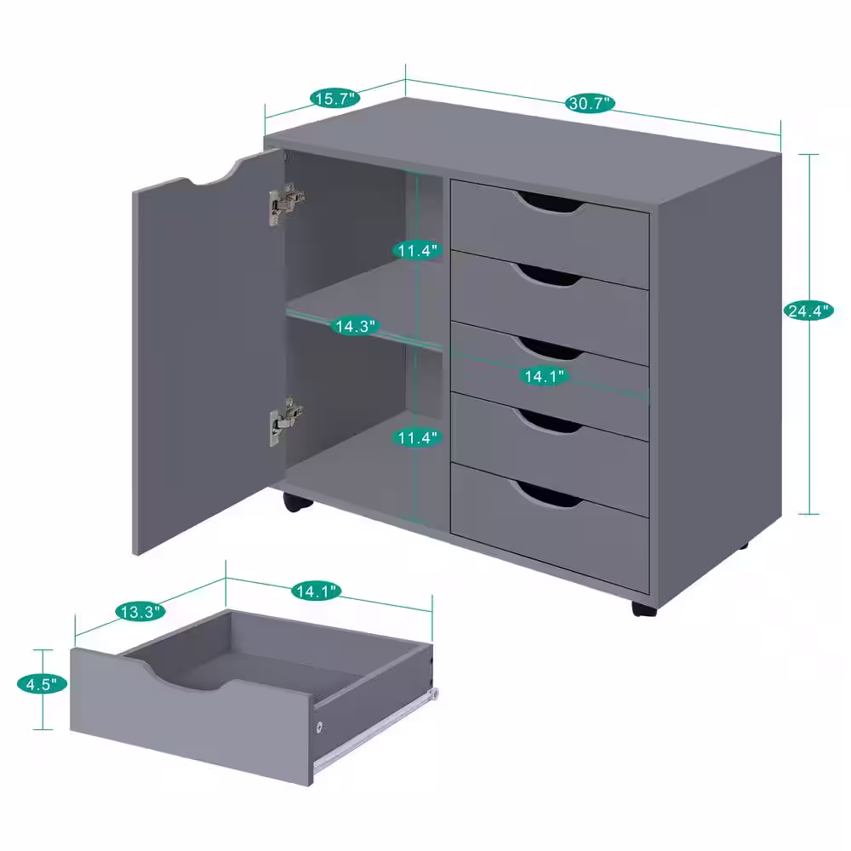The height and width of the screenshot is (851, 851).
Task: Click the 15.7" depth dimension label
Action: [x=335, y=98]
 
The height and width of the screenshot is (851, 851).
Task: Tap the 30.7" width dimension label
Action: [x=590, y=103]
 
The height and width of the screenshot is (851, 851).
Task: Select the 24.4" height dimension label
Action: [x=808, y=311]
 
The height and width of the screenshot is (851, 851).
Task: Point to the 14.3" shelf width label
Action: [x=355, y=326]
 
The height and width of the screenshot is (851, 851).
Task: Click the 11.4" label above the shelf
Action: [x=417, y=250]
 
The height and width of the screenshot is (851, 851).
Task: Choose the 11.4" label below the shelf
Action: [x=417, y=437]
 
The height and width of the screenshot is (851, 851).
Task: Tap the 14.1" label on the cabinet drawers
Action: [x=544, y=375]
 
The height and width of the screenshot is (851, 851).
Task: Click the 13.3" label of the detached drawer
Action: [x=140, y=612]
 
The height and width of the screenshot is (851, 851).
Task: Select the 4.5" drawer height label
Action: [x=42, y=684]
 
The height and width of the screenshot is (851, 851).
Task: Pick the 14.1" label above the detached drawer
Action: [x=316, y=591]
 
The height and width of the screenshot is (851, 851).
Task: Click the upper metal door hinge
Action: [x=286, y=204]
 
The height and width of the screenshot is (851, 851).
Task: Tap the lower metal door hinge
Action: [x=286, y=422]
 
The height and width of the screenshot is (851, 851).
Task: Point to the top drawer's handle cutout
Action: [x=549, y=204]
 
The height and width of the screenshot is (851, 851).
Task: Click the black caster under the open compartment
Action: [x=298, y=502]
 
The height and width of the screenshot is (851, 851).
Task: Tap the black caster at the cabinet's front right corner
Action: [x=644, y=608]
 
